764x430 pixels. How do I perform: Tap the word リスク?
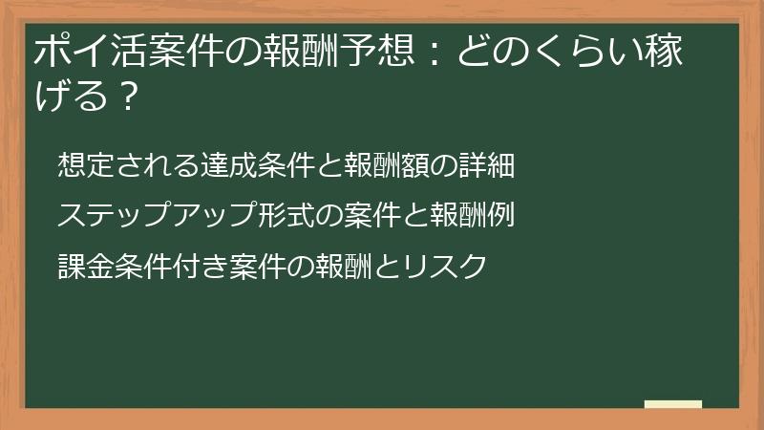(x=448, y=265)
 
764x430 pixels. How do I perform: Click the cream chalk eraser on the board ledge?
(x=673, y=404)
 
